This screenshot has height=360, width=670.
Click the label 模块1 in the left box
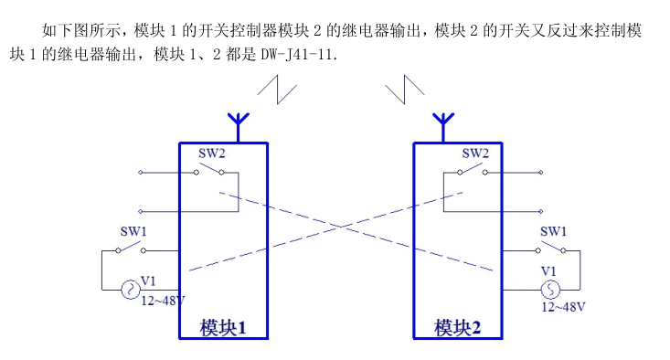(223, 326)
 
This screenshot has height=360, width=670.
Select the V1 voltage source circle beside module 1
(129, 290)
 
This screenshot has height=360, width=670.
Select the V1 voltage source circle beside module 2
(549, 290)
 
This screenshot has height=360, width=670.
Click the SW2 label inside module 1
(211, 154)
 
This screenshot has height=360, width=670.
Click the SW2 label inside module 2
(474, 154)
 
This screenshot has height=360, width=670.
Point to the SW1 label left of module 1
(133, 232)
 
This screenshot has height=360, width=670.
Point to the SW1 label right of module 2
(553, 232)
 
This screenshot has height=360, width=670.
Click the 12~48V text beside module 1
(163, 300)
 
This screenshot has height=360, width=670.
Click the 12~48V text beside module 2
(562, 306)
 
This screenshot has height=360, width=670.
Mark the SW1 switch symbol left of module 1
(133, 248)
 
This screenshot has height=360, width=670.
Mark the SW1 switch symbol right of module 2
(552, 248)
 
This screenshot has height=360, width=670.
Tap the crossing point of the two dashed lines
(341, 226)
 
